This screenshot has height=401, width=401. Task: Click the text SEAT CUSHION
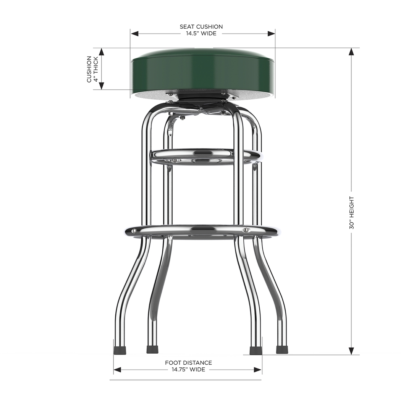click(201, 27)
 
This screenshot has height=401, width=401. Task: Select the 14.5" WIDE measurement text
click(201, 34)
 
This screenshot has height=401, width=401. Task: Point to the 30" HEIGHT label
click(352, 213)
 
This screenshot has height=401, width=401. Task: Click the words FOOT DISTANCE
click(188, 363)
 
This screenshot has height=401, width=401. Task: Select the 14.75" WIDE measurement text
click(188, 370)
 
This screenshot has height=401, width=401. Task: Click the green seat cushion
click(202, 71)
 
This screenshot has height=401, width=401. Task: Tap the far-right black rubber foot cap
click(282, 349)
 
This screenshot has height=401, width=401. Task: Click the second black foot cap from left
click(152, 349)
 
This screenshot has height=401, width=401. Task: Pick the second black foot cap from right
click(255, 350)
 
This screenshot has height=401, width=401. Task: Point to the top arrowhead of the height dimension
click(352, 52)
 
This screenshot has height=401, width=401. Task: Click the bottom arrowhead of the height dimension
click(352, 351)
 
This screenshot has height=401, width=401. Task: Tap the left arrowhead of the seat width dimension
click(134, 34)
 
